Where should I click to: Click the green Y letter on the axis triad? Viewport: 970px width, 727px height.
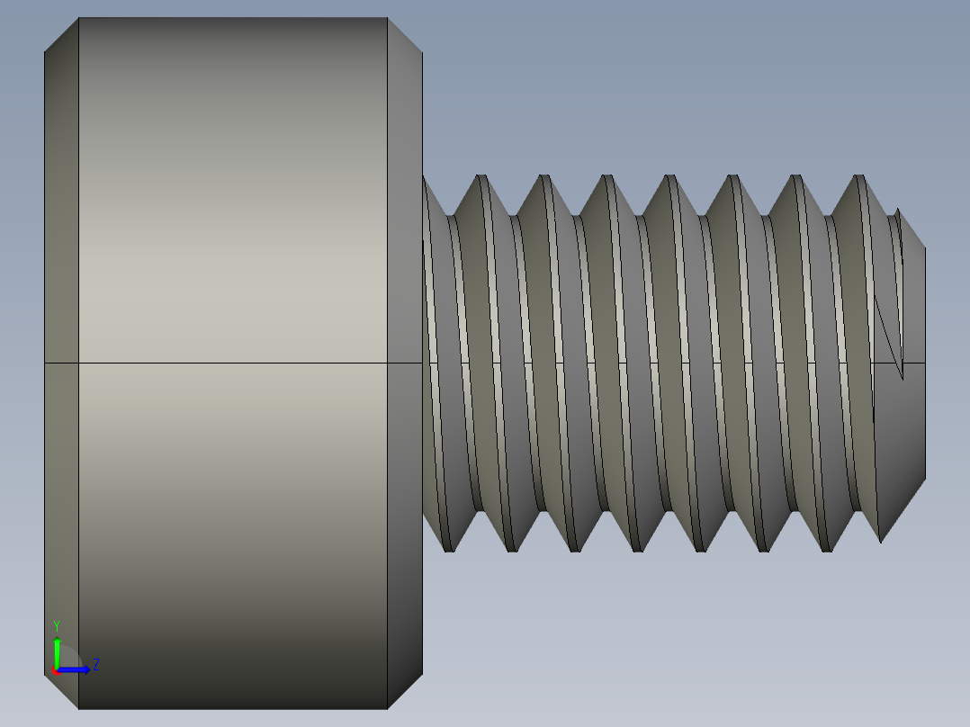coord(57,624)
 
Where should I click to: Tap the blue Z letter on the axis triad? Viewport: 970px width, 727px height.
coord(95,665)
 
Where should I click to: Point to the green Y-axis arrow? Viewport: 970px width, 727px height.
coord(57,650)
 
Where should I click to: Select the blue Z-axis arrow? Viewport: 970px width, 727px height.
coord(76,669)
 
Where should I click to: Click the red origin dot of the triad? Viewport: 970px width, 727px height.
coord(55,670)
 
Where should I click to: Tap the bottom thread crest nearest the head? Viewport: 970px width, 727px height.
coord(449,548)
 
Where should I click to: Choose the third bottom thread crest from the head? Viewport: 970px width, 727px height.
coord(575,548)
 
